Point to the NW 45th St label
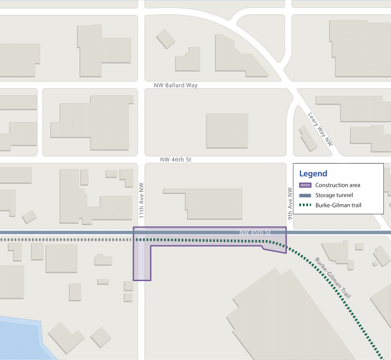click(x=255, y=232)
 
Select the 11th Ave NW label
click(x=140, y=204)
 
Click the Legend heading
click(x=313, y=173)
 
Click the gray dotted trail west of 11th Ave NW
click(x=65, y=240)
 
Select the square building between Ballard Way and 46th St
click(x=227, y=130)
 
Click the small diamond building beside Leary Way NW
click(x=305, y=139)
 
